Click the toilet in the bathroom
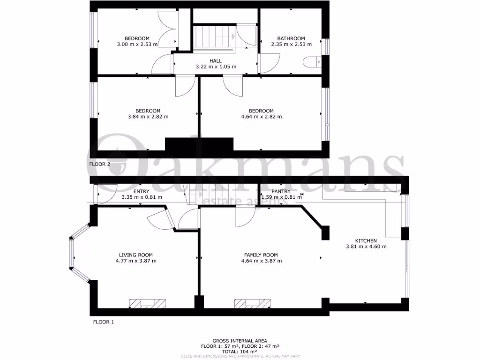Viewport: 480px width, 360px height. (x=311, y=61)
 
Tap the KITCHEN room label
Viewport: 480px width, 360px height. (x=366, y=241)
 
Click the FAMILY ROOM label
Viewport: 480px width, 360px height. (x=261, y=255)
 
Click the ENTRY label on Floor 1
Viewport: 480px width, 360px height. (x=141, y=191)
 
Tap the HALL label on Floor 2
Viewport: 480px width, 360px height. (x=216, y=61)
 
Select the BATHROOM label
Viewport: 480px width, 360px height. (x=291, y=38)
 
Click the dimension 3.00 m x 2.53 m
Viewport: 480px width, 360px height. (x=137, y=45)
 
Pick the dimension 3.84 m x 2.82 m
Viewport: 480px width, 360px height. (x=148, y=117)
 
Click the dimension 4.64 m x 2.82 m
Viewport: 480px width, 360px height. (x=261, y=117)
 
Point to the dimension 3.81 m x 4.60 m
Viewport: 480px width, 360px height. (x=366, y=247)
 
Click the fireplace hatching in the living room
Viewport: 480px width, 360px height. (x=148, y=303)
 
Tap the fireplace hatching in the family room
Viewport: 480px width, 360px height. (x=253, y=303)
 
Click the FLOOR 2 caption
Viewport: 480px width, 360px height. (x=99, y=164)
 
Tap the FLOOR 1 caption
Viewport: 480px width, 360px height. (x=103, y=322)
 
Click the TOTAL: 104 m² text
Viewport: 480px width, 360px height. (x=240, y=351)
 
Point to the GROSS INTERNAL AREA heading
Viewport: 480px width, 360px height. (x=240, y=341)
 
